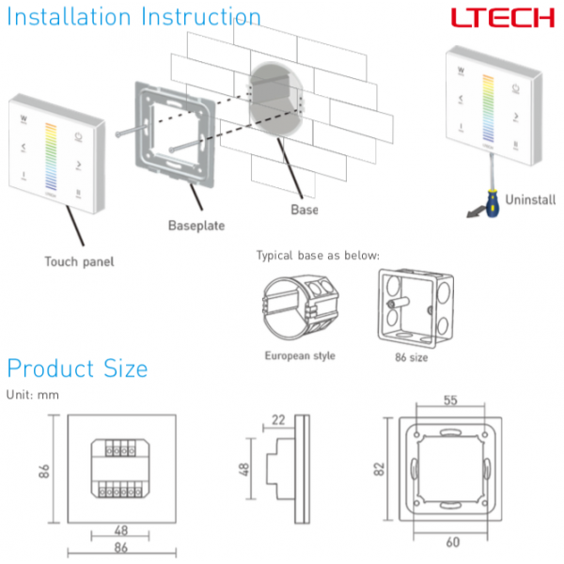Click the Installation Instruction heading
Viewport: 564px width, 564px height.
(133, 16)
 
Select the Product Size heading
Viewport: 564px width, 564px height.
(77, 368)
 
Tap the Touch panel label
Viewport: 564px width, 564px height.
(79, 261)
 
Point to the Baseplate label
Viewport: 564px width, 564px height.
(198, 226)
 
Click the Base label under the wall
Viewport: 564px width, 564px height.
(304, 210)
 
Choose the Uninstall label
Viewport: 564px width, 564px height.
(530, 199)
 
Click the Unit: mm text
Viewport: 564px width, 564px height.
(33, 394)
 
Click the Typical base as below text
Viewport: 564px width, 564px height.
(318, 256)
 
